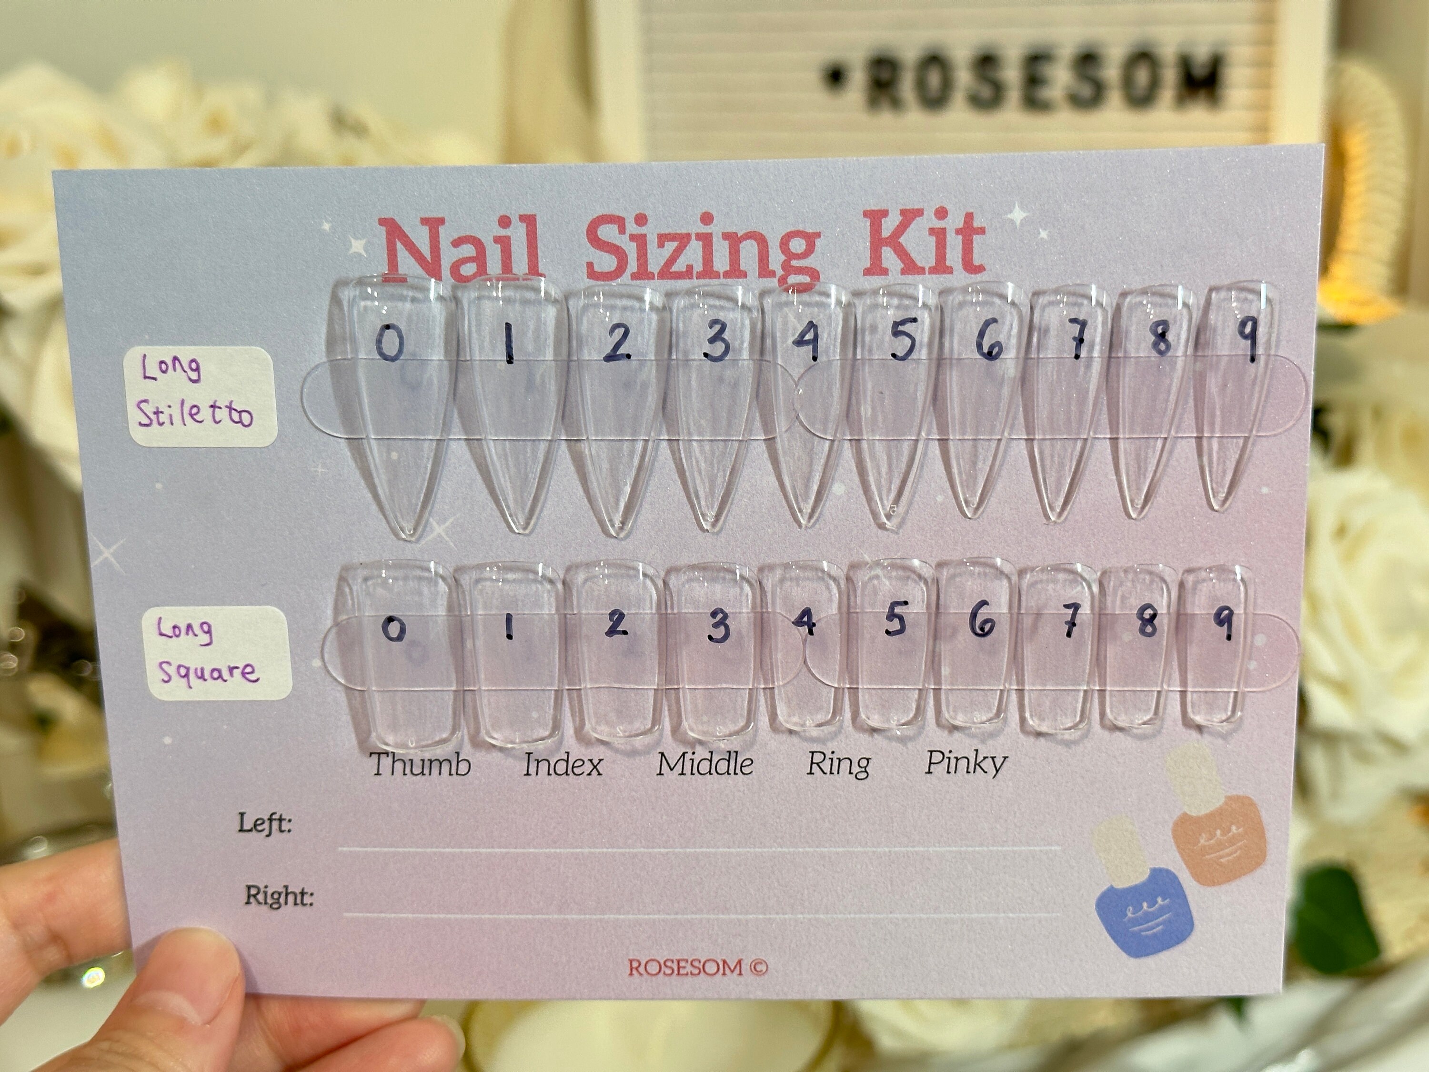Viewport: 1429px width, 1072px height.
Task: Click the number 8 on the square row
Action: [x=1147, y=622]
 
